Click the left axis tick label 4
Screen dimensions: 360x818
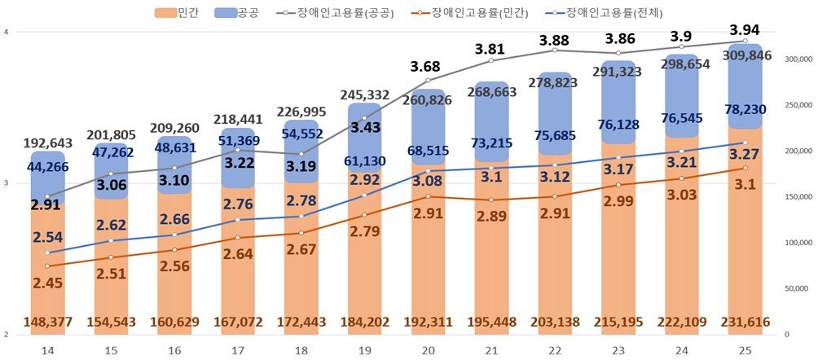point(6,32)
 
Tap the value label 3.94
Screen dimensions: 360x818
point(745,29)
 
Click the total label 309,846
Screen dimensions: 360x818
point(745,55)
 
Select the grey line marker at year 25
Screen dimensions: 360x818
point(745,41)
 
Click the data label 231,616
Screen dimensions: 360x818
point(745,323)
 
